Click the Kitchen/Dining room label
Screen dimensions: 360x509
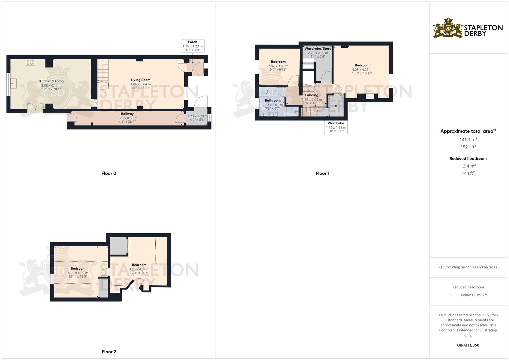pyautogui.click(x=51, y=81)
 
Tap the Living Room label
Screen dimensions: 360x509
pyautogui.click(x=140, y=80)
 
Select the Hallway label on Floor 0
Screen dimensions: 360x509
pyautogui.click(x=127, y=114)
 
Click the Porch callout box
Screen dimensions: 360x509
pyautogui.click(x=192, y=46)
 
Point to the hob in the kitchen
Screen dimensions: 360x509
pyautogui.click(x=30, y=62)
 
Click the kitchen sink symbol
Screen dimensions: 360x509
pyautogui.click(x=14, y=83)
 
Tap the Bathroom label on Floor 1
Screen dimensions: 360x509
pyautogui.click(x=273, y=100)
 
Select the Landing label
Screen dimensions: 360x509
pyautogui.click(x=312, y=95)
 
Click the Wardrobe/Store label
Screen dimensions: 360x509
pyautogui.click(x=318, y=49)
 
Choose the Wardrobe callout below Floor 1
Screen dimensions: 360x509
pyautogui.click(x=336, y=127)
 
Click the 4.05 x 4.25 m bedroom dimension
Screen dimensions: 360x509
pyautogui.click(x=362, y=70)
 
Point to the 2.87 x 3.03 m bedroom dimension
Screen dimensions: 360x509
pyautogui.click(x=278, y=66)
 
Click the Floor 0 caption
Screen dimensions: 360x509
pyautogui.click(x=109, y=173)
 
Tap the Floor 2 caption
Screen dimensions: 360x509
pyautogui.click(x=109, y=352)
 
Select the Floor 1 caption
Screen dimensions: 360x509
pyautogui.click(x=322, y=173)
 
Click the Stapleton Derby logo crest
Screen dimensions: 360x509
pyautogui.click(x=448, y=28)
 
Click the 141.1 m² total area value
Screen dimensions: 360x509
pyautogui.click(x=468, y=140)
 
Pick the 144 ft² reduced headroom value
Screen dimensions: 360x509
pyautogui.click(x=468, y=173)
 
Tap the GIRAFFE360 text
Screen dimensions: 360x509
pyautogui.click(x=468, y=345)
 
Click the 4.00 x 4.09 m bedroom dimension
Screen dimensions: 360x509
pyautogui.click(x=78, y=273)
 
